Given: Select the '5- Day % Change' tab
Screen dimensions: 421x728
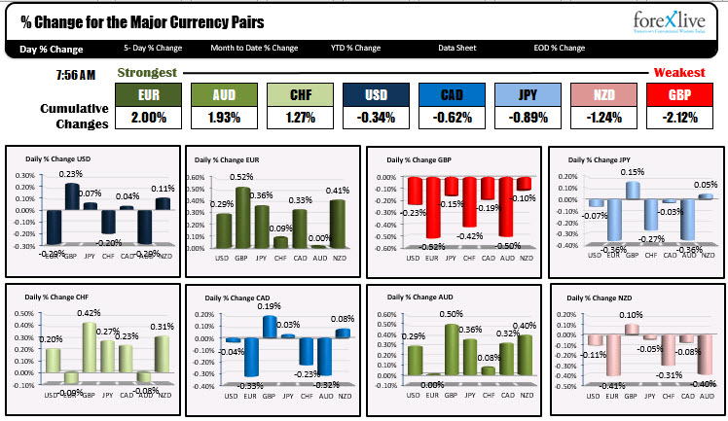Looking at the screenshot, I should (153, 48).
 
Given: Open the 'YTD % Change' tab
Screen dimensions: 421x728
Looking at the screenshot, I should (355, 48).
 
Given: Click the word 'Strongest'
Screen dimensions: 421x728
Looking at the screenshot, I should (147, 73).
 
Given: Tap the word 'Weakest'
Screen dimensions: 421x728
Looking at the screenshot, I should (678, 73).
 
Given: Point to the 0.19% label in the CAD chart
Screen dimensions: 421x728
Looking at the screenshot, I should (269, 306).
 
